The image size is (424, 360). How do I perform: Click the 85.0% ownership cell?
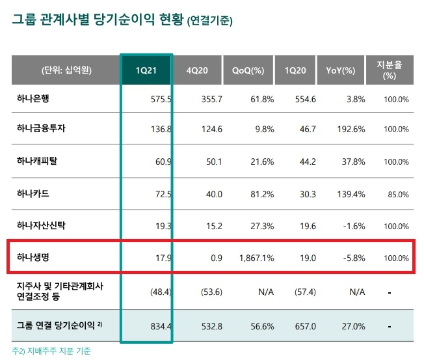[396, 195]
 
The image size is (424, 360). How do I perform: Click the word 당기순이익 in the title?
[120, 20]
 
